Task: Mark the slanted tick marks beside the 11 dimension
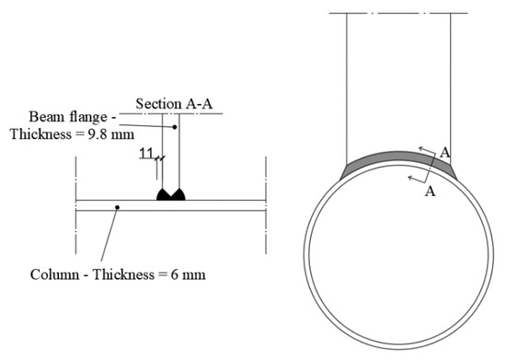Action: point(159,158)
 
